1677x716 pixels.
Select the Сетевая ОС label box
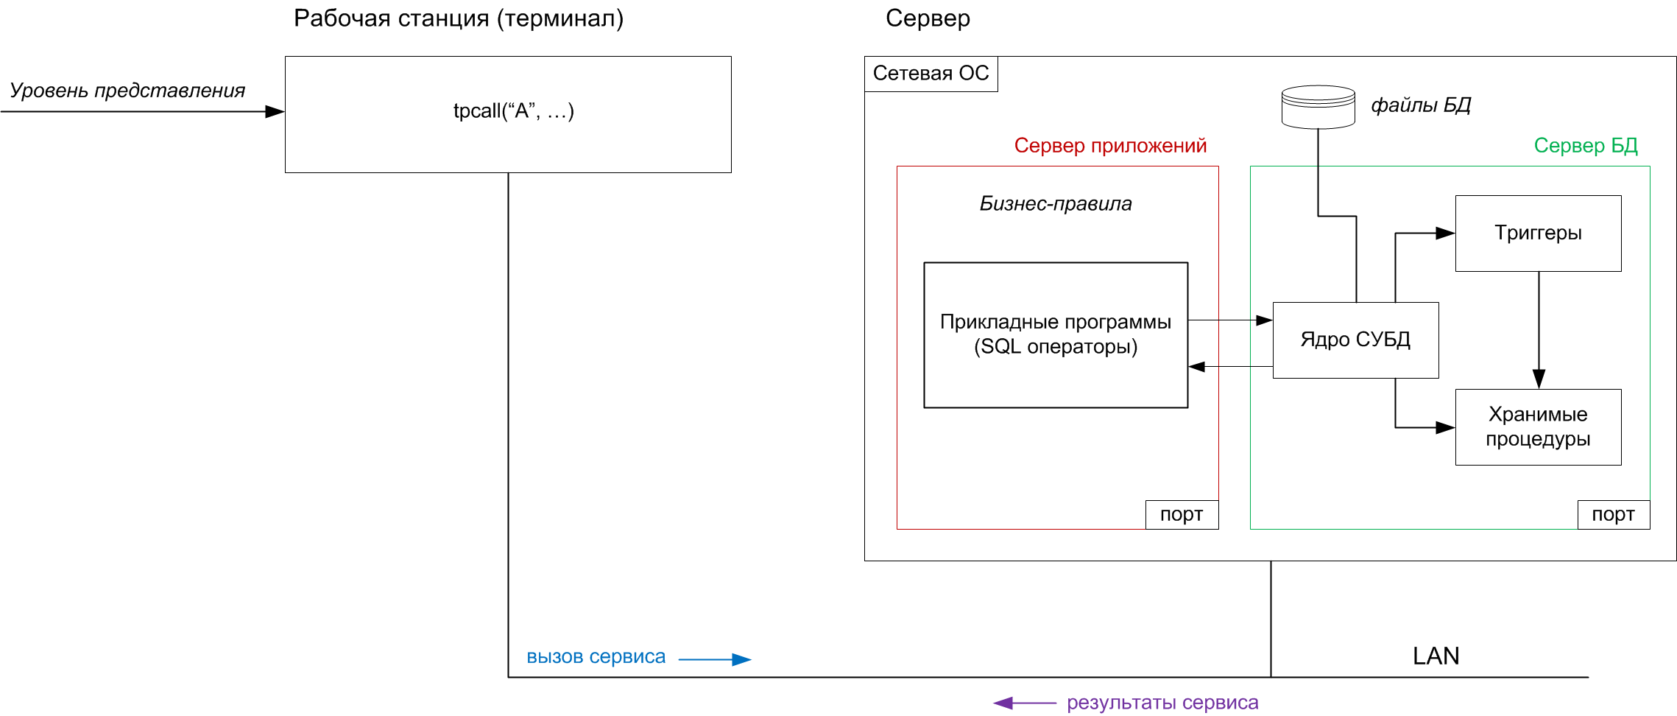[x=931, y=74]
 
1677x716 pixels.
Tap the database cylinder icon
[x=1318, y=107]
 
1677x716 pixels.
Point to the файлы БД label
[x=1420, y=105]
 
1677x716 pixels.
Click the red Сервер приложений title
[x=1110, y=146]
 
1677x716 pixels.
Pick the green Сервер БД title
[x=1585, y=146]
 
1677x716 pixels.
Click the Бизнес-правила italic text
[x=1055, y=204]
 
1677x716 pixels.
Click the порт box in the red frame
[x=1182, y=514]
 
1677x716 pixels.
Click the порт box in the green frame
[x=1613, y=514]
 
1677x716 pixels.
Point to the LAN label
[x=1436, y=656]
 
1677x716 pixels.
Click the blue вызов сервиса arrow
[x=714, y=659]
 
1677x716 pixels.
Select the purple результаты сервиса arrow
[x=1025, y=703]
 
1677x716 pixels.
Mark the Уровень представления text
[x=127, y=91]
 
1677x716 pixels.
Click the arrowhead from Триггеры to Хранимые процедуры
[x=1539, y=379]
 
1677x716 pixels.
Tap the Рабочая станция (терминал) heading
[x=458, y=18]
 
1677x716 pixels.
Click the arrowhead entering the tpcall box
[x=275, y=112]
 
